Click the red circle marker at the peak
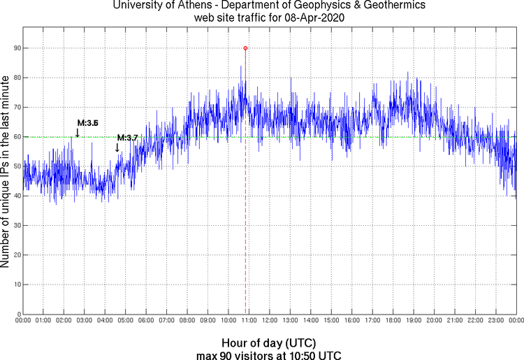click(245, 48)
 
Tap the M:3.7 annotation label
click(127, 138)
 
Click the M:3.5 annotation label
click(88, 123)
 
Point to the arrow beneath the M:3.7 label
click(117, 147)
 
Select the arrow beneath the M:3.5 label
click(77, 133)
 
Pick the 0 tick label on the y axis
click(16, 315)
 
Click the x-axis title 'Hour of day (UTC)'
click(268, 343)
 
